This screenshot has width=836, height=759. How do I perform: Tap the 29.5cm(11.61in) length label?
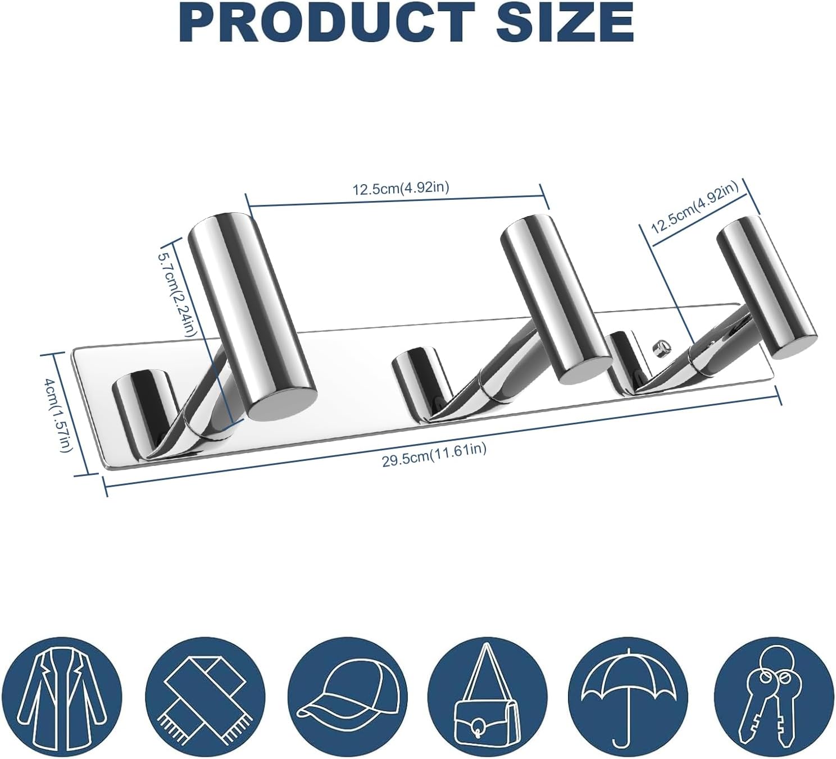(434, 456)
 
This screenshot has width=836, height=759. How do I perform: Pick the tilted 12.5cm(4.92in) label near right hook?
(694, 210)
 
